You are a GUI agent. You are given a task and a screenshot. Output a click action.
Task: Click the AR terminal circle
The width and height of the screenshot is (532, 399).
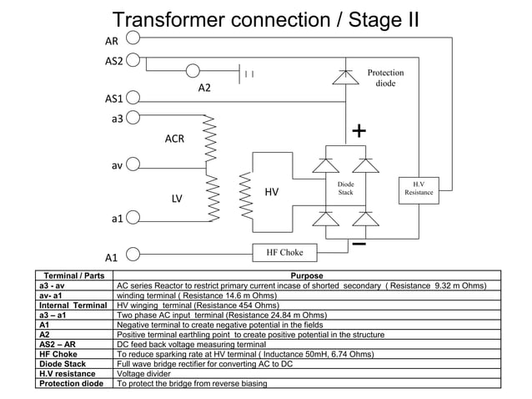(133, 38)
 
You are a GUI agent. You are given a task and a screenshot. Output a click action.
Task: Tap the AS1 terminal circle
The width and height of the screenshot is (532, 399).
(133, 98)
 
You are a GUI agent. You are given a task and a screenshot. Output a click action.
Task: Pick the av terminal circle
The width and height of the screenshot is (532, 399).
(133, 165)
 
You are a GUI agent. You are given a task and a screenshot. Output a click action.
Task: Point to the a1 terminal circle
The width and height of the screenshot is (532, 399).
(133, 218)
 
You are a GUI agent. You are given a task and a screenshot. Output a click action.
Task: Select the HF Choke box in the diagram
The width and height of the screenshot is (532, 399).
(284, 251)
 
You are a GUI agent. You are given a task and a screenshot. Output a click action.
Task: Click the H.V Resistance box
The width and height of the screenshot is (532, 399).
(418, 188)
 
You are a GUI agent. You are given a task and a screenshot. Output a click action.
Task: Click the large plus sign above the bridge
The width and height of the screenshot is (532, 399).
(359, 131)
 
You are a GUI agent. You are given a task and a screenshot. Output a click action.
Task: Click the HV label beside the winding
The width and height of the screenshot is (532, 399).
(272, 192)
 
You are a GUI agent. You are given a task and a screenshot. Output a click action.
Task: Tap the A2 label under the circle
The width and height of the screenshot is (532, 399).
(205, 88)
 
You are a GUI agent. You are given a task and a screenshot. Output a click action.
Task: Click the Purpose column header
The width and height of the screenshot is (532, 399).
(306, 275)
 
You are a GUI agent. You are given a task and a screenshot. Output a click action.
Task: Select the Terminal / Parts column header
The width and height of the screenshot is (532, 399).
(73, 275)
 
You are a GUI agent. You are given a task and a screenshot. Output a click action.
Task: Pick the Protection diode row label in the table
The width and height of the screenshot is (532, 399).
(72, 384)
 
